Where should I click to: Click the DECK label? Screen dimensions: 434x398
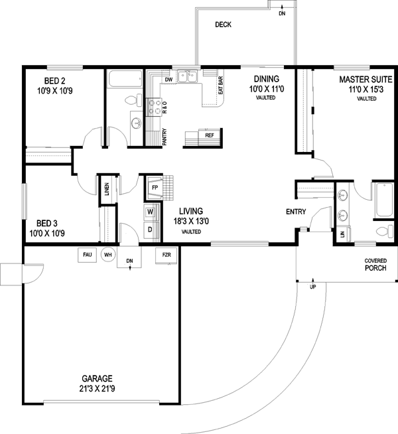pyautogui.click(x=222, y=25)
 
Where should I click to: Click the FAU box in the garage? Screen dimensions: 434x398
pyautogui.click(x=87, y=254)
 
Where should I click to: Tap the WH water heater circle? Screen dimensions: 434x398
pyautogui.click(x=107, y=254)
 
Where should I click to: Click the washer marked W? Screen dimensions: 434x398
pyautogui.click(x=150, y=212)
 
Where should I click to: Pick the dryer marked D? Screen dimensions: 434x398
pyautogui.click(x=150, y=230)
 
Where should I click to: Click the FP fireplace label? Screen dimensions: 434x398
pyautogui.click(x=154, y=188)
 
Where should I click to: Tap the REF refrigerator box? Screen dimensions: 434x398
pyautogui.click(x=209, y=135)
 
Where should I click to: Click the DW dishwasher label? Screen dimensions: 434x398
pyautogui.click(x=168, y=80)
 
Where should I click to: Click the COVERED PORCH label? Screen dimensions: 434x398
pyautogui.click(x=376, y=265)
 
